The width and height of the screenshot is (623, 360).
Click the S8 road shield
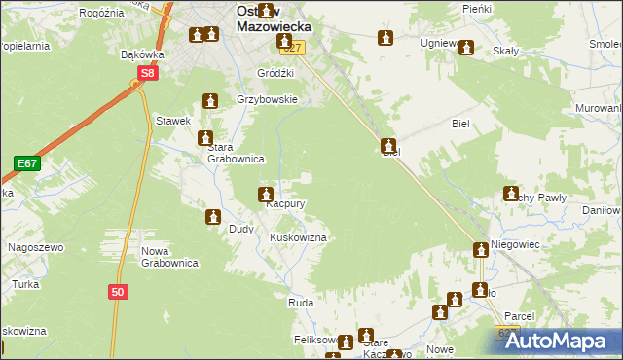pos(147,73)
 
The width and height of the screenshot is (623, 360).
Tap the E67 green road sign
pos(26,164)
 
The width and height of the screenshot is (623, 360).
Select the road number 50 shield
pos(118,291)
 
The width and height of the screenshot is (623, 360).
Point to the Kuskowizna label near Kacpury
pos(297,237)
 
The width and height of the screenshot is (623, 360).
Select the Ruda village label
pos(300,304)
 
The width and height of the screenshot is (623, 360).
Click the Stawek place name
pos(172,121)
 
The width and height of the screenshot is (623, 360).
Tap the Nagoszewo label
pos(35,248)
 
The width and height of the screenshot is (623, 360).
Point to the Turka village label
pos(25,284)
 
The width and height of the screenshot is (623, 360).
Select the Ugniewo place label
pos(440,44)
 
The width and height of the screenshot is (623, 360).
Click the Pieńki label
pos(477,8)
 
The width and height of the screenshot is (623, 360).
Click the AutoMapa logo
pos(559,340)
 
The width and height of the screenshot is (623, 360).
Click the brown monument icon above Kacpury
pos(265,195)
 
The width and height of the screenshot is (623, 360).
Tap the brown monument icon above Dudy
pos(213,216)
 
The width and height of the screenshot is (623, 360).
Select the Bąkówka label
pos(141,55)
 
